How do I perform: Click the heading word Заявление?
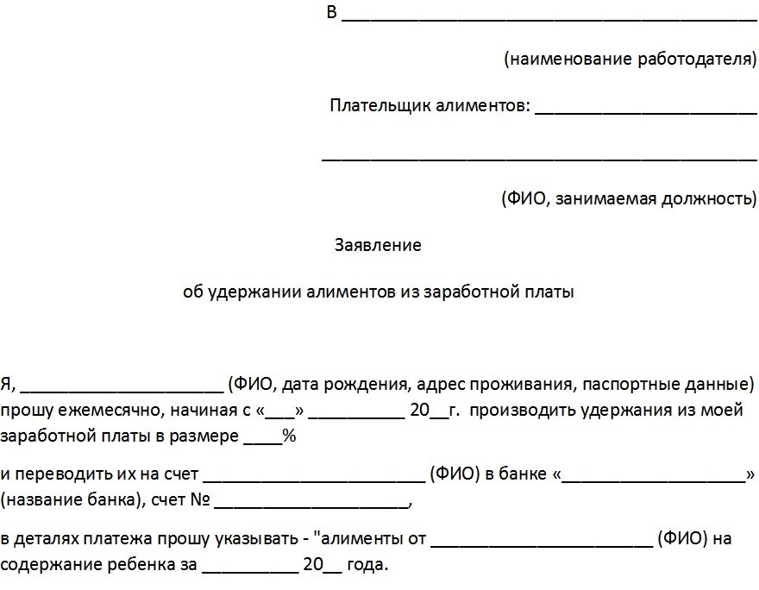(378, 246)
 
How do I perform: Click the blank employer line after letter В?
(549, 17)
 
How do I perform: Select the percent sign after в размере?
(290, 436)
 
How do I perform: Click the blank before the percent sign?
(262, 440)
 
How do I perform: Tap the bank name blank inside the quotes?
(655, 478)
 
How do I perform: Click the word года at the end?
(368, 567)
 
